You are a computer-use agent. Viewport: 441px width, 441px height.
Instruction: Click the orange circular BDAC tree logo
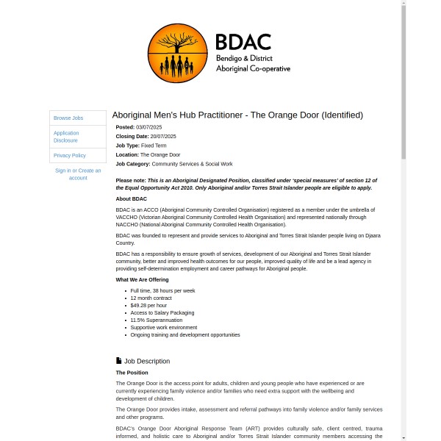(177, 53)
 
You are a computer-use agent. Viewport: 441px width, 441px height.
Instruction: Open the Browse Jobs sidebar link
(68, 118)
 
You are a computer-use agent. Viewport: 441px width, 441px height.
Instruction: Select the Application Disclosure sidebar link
(66, 137)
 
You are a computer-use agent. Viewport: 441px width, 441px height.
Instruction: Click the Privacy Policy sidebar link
(70, 156)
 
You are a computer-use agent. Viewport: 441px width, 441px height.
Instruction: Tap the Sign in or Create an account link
(78, 174)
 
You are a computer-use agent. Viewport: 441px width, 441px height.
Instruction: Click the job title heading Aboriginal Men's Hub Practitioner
(237, 115)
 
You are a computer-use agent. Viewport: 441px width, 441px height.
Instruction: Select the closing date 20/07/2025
(162, 136)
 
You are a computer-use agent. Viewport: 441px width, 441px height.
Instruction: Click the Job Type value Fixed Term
(154, 146)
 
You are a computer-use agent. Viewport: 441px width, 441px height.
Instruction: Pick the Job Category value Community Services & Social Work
(192, 164)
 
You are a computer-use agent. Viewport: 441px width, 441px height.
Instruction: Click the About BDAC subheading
(132, 198)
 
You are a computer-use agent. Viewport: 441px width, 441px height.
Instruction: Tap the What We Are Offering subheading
(142, 279)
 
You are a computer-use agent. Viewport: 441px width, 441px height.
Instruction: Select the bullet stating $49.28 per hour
(148, 305)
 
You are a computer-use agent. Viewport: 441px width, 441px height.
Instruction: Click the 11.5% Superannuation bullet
(156, 320)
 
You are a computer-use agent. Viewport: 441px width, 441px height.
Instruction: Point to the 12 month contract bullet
(151, 298)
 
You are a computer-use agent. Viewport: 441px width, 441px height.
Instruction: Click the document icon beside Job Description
(119, 361)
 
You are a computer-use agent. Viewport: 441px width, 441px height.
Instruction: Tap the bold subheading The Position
(132, 373)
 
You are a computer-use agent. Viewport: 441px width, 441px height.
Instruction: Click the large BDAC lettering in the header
(243, 42)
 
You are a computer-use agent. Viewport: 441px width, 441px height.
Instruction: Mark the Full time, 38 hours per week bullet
(162, 290)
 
